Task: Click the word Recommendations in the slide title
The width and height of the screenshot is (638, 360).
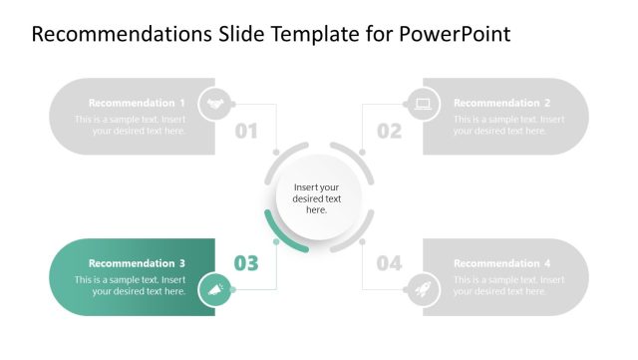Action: tap(106, 34)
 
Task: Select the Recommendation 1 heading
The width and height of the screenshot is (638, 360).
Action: tap(137, 103)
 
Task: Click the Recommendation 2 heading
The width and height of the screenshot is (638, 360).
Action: tap(501, 103)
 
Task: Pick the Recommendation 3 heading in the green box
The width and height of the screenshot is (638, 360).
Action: tap(137, 263)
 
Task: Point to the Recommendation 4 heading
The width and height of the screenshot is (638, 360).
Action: tap(501, 263)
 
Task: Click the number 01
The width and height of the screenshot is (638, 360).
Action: tap(246, 131)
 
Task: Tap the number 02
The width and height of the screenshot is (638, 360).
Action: tap(389, 131)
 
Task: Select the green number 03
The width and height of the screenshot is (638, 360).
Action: tap(246, 263)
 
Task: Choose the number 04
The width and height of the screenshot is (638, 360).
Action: tap(389, 263)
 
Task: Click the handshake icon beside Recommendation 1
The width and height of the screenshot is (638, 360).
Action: tap(214, 103)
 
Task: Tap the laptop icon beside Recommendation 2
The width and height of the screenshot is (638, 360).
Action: tap(422, 103)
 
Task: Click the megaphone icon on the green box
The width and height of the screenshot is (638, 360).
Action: tap(214, 291)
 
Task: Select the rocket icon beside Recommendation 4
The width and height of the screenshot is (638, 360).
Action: tap(422, 291)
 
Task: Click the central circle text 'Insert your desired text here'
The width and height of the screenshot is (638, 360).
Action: tap(317, 198)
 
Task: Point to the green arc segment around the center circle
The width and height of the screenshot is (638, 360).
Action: tap(278, 235)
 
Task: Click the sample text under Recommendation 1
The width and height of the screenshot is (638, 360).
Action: tap(130, 125)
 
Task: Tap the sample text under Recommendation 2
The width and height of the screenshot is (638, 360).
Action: tap(508, 125)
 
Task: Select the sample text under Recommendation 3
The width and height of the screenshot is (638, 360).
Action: tap(130, 285)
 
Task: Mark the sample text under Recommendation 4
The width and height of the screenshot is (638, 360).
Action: tap(508, 285)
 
